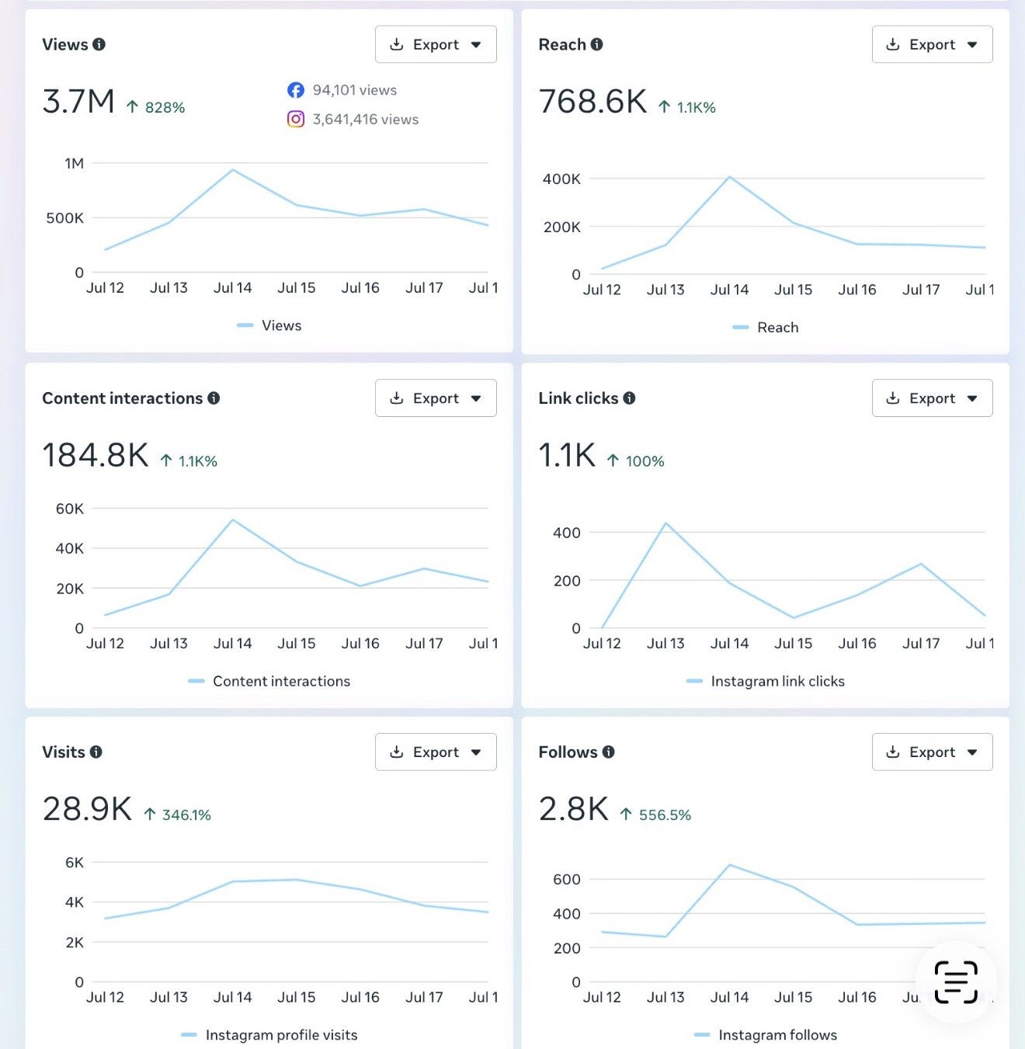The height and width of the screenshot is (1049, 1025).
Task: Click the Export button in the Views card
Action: [436, 44]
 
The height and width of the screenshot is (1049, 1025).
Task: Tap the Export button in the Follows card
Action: [932, 752]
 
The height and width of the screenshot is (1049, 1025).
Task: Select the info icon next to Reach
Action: [596, 44]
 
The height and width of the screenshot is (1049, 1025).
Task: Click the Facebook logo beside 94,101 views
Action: [296, 90]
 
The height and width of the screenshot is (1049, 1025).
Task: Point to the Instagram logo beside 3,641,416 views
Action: [296, 119]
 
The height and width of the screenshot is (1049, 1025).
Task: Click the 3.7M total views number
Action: [78, 102]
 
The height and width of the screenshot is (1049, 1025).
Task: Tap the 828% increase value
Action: [165, 108]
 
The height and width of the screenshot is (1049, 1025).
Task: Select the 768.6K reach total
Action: [592, 102]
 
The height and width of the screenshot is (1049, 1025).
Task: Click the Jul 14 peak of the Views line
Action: [232, 170]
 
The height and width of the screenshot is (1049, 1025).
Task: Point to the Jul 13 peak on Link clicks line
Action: [666, 523]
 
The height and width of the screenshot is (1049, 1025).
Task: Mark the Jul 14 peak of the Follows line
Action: [729, 865]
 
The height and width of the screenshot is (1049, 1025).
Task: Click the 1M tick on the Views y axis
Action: [74, 163]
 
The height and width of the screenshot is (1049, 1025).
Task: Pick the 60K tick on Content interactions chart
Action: [70, 509]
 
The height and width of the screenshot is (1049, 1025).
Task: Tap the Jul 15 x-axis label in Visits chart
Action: [296, 997]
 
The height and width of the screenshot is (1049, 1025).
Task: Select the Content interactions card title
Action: [123, 398]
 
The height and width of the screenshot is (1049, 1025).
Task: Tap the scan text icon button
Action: [955, 982]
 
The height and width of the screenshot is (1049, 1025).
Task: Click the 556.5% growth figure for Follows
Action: [665, 815]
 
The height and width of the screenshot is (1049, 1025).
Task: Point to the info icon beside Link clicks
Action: [629, 398]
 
